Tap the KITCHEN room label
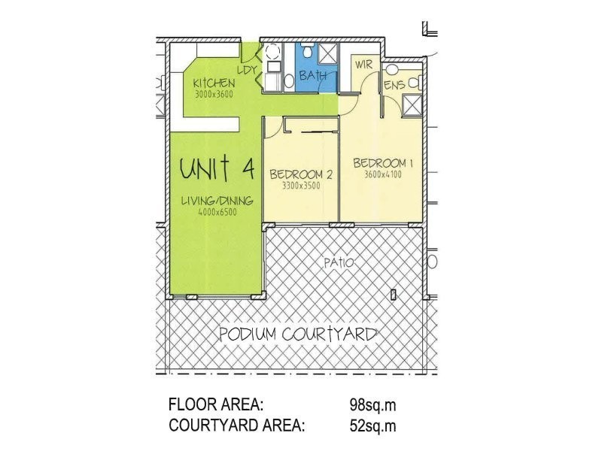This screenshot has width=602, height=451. [x=214, y=83]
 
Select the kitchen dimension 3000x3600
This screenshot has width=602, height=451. [x=214, y=95]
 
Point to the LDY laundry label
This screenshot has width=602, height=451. [x=248, y=70]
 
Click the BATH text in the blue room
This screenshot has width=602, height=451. [x=313, y=76]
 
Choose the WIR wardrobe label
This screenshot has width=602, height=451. [x=363, y=65]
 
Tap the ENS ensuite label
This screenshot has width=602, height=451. [x=394, y=85]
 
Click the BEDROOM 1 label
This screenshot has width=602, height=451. [x=384, y=163]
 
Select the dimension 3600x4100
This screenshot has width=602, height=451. [x=384, y=175]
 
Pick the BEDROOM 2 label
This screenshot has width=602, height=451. [x=301, y=174]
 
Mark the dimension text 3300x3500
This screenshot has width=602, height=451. [x=301, y=186]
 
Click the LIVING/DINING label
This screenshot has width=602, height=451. [x=217, y=201]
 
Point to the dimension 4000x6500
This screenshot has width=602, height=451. [x=217, y=213]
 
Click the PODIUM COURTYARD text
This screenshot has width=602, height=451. [x=298, y=334]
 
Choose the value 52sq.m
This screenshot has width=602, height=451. [x=373, y=426]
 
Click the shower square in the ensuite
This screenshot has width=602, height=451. [x=412, y=107]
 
